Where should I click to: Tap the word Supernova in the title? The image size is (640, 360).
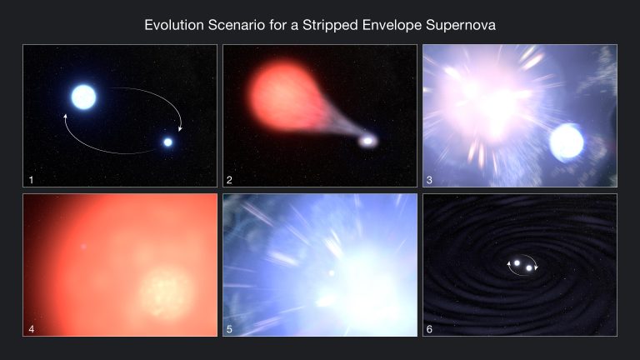[459, 25]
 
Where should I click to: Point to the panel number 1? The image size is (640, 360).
[31, 179]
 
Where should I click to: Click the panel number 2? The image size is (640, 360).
[231, 179]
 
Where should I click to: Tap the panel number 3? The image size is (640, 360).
[431, 179]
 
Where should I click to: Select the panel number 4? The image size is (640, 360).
[31, 328]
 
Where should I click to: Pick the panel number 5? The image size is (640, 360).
[231, 328]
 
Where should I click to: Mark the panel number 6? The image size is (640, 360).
[431, 328]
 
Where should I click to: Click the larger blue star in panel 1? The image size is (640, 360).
[83, 97]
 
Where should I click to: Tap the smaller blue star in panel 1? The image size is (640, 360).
[167, 142]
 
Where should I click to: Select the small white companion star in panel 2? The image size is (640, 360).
[367, 141]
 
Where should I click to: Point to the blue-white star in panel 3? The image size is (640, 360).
[567, 141]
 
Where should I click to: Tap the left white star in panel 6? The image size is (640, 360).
[517, 264]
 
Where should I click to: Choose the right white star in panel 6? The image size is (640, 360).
[529, 268]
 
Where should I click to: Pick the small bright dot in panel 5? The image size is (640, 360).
[331, 272]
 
